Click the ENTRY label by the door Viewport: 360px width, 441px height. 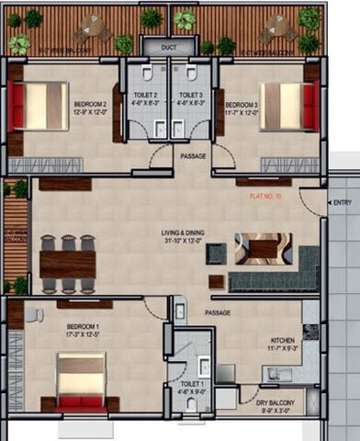click(342, 202)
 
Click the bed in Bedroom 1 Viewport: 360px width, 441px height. click(82, 381)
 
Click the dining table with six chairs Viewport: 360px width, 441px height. click(67, 264)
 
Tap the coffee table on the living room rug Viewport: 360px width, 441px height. click(264, 248)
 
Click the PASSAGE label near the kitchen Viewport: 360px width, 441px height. click(218, 313)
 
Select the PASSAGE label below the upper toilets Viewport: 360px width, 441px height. click(193, 156)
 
